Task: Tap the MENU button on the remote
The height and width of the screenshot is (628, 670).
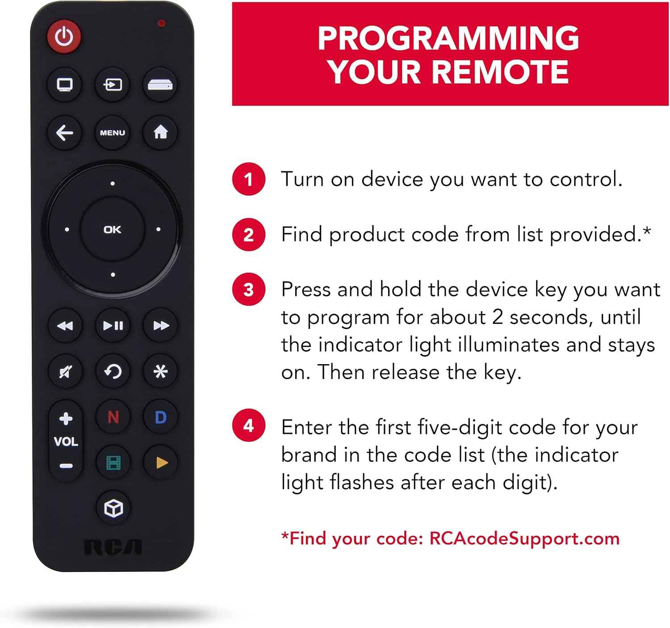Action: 113,133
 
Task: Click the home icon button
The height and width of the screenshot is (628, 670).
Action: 160,132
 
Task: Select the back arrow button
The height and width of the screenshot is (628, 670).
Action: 64,133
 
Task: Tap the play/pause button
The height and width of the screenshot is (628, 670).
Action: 113,325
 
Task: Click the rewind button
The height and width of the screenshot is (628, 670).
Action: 65,326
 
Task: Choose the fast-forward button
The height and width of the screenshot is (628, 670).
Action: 161,325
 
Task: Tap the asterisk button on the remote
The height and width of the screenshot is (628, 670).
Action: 161,372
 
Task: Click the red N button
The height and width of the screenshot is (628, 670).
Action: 113,417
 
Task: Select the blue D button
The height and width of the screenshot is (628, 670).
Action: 161,417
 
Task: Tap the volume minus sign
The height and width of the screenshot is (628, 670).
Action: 66,466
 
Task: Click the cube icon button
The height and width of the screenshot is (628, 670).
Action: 113,508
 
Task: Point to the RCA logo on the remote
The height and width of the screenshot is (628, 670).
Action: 113,547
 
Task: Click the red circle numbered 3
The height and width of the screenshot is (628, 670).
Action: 249,289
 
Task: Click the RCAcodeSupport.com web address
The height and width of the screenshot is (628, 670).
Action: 524,539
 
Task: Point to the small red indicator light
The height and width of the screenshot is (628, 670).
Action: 161,23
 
